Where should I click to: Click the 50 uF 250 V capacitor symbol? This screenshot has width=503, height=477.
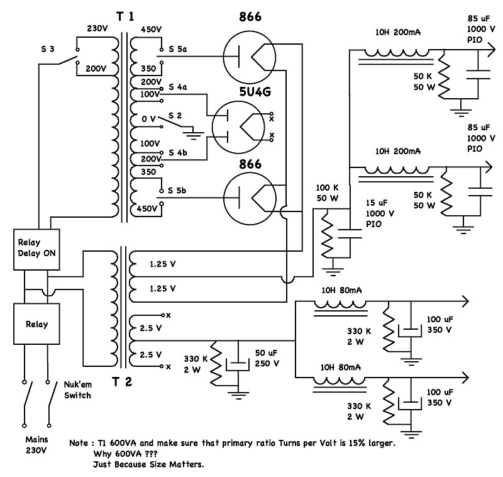tap(238, 363)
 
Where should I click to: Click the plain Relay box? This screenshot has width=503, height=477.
tap(36, 324)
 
